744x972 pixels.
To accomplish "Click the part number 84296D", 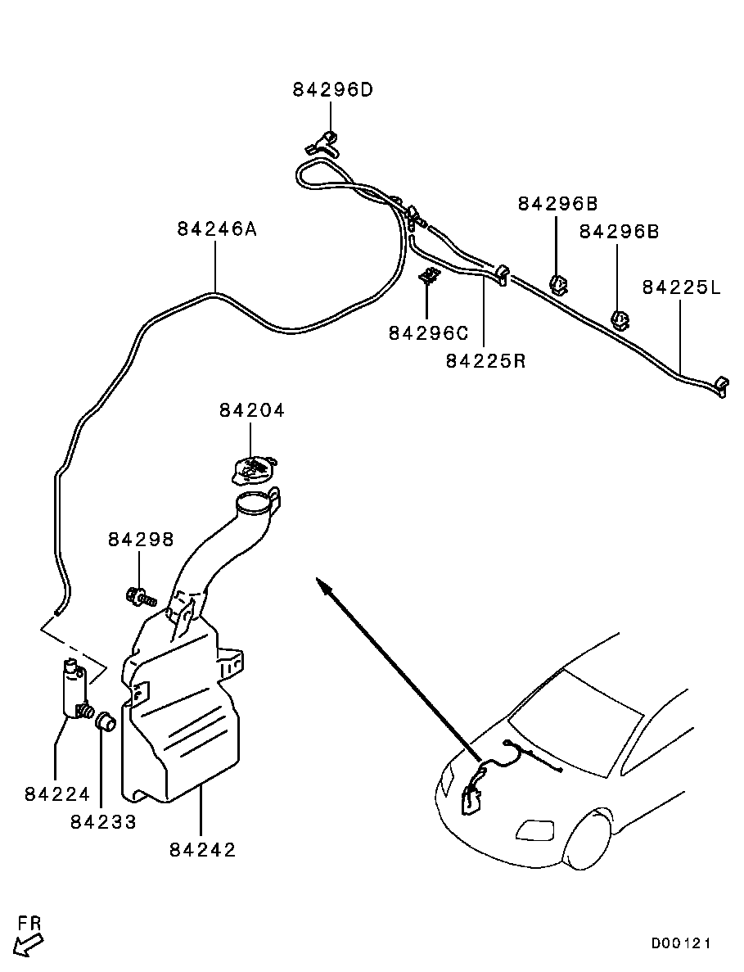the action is [x=332, y=91].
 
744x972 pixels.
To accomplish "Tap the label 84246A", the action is [x=217, y=229].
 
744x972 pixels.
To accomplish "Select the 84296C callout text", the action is [x=429, y=333].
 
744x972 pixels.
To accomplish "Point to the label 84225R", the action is [x=485, y=361].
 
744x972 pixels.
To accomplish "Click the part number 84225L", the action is [x=682, y=287].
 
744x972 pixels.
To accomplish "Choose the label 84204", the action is [x=251, y=410].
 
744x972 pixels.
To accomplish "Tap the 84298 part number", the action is [x=142, y=540].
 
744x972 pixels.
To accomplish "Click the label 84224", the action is [x=57, y=793].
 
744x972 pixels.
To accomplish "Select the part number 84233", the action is [x=103, y=822].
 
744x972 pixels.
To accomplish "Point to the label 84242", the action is [x=202, y=849].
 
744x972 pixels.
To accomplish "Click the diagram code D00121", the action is [x=680, y=943].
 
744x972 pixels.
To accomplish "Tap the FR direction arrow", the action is [x=28, y=946].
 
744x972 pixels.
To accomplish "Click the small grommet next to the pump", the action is [x=106, y=722].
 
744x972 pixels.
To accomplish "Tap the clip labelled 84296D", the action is [x=322, y=143].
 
